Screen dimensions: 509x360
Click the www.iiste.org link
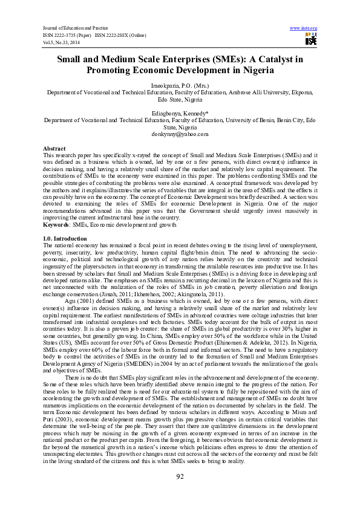coord(303,28)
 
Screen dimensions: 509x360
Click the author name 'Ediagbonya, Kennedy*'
coord(180,113)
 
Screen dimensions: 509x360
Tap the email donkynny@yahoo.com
coord(180,134)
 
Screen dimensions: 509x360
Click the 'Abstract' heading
coord(54,148)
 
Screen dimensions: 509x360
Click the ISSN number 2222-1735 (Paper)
coord(65,36)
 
